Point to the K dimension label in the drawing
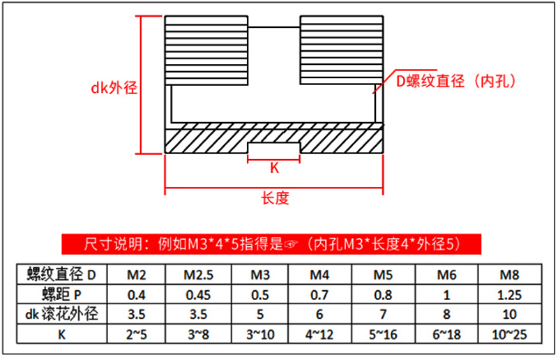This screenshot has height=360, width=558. click(x=274, y=168)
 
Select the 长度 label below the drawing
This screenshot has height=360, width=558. click(x=275, y=199)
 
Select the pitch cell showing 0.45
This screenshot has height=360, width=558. click(x=198, y=294)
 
